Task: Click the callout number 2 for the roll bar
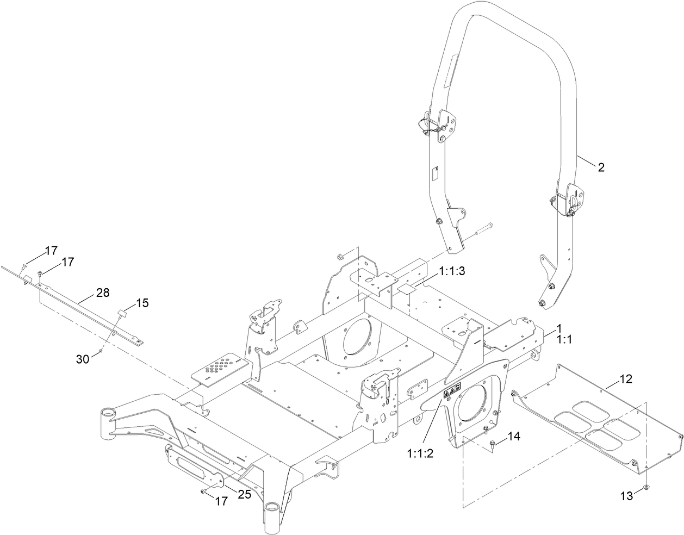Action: point(601,167)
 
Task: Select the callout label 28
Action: point(103,293)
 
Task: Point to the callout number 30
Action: point(83,359)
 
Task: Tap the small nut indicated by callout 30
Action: point(101,352)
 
